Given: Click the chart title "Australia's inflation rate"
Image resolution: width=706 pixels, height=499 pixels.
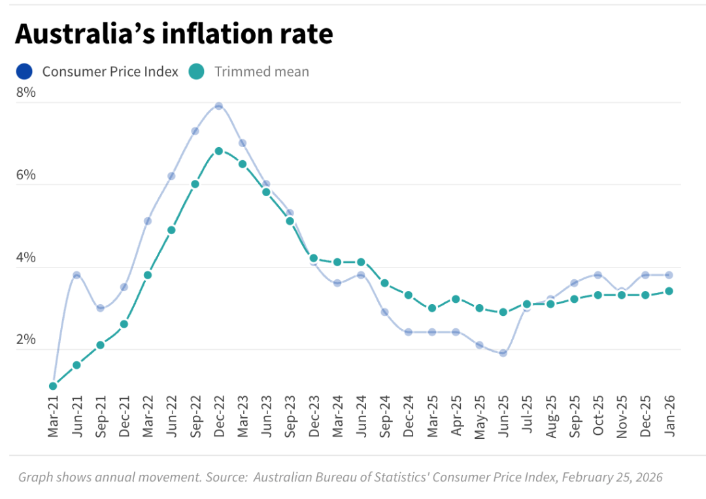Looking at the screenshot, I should [x=174, y=34].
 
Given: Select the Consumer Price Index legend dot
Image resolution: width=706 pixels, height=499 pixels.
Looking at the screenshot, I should [x=25, y=71].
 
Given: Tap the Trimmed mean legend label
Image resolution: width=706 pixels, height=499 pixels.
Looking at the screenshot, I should [x=261, y=72].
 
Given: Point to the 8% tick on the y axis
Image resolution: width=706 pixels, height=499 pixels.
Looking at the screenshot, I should [x=26, y=93].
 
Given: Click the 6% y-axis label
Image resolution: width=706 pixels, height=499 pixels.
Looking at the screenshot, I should [x=26, y=175].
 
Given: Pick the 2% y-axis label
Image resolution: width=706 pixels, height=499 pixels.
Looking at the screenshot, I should [x=26, y=340].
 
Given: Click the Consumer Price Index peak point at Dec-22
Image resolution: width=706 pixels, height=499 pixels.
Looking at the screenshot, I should [x=219, y=106].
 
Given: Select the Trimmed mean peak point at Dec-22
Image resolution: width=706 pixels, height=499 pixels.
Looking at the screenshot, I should [x=219, y=151].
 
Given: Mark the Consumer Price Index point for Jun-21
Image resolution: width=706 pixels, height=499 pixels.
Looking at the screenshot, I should [x=76, y=275].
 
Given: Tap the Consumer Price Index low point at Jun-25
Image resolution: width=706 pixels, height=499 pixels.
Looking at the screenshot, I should [x=503, y=353].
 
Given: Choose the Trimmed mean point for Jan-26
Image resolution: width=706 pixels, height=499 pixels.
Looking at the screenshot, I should [x=669, y=291].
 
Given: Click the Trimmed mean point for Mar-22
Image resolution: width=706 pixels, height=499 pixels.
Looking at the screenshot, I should [x=148, y=275].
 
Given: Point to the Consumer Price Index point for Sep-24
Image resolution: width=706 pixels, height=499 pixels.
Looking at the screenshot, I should [x=384, y=312].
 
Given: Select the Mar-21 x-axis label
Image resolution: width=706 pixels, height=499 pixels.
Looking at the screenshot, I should [x=53, y=417].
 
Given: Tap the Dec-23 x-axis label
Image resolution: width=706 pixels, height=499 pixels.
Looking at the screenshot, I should [x=314, y=417].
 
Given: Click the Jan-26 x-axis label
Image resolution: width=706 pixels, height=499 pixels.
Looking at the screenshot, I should [x=669, y=417].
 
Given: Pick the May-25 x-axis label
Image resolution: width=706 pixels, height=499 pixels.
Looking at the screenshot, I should [x=479, y=417].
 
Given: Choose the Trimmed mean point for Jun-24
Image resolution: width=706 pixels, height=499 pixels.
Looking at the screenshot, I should [x=361, y=262].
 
